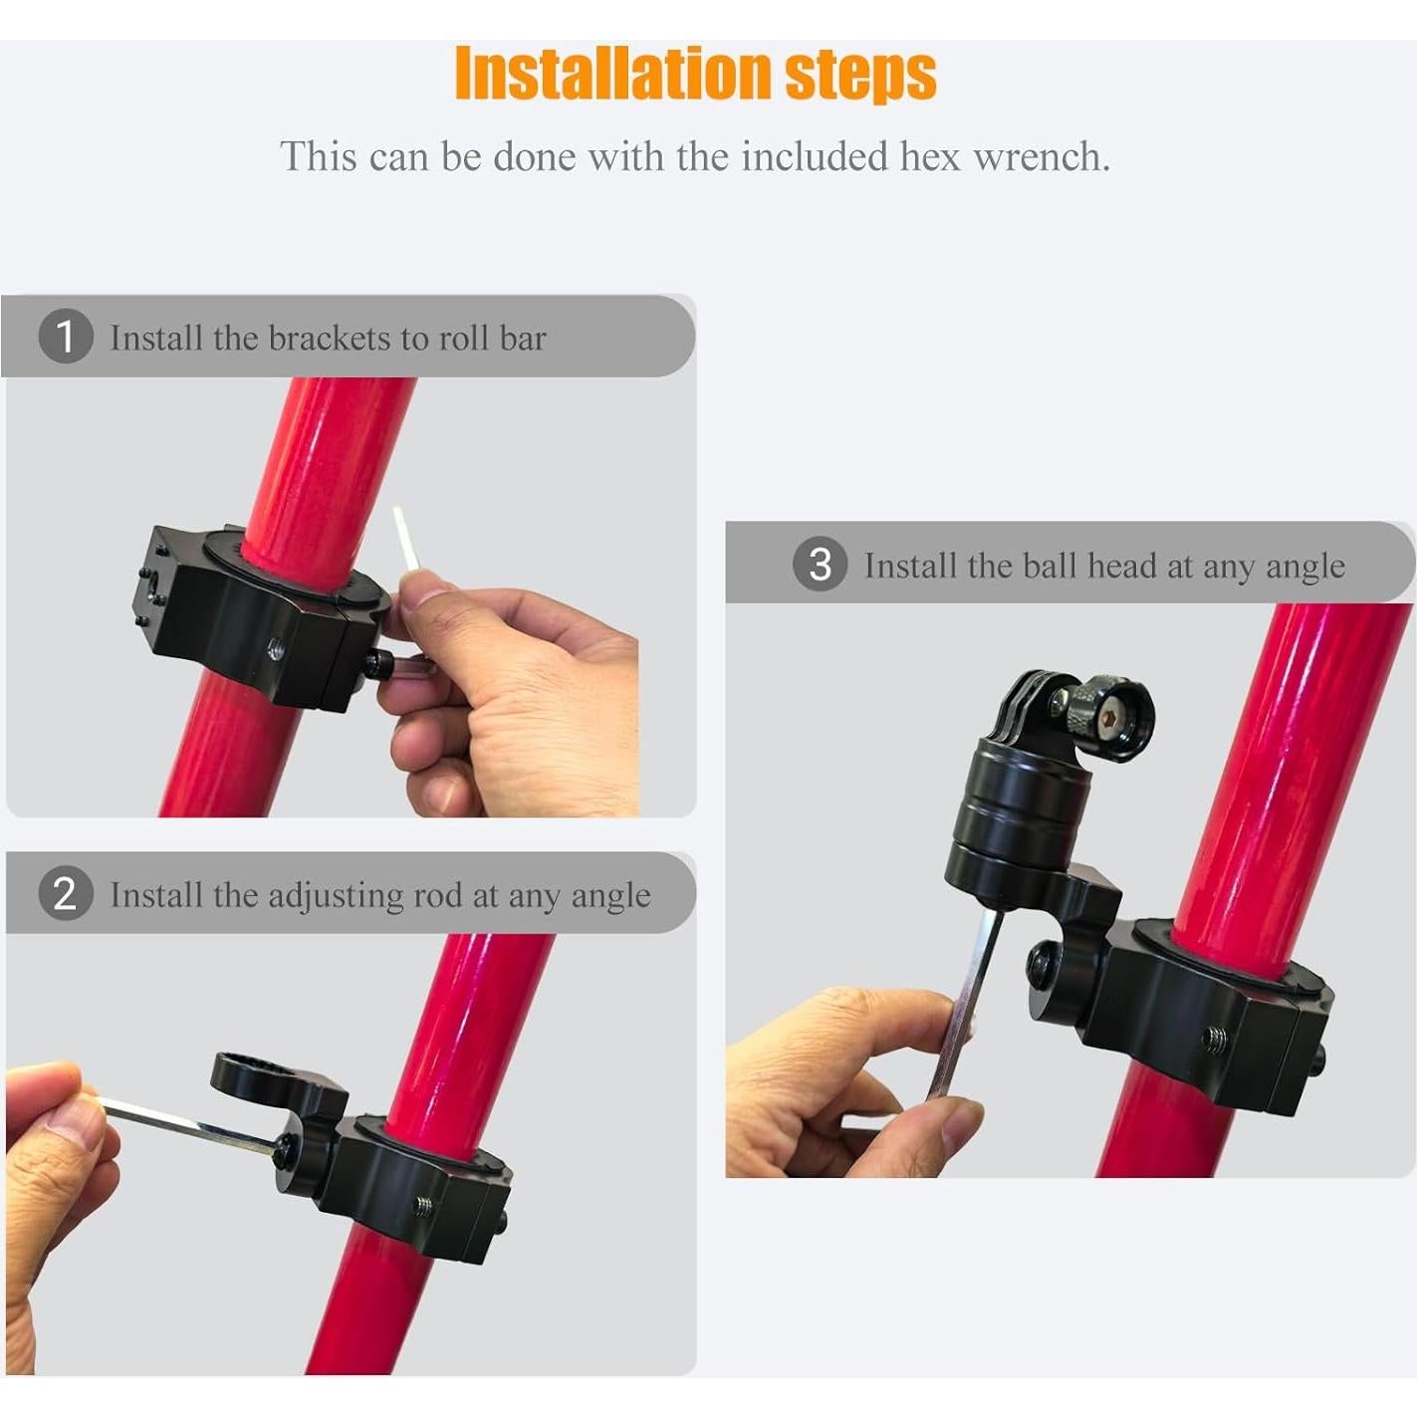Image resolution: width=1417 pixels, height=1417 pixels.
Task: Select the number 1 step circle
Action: tap(66, 337)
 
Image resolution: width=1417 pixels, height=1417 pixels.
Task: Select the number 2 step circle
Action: tap(66, 893)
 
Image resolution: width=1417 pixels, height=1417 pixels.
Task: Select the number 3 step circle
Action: tap(820, 565)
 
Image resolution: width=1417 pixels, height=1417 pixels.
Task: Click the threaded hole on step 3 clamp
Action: tap(1214, 1039)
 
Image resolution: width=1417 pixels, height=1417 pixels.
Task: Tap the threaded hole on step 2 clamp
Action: tap(423, 1206)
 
